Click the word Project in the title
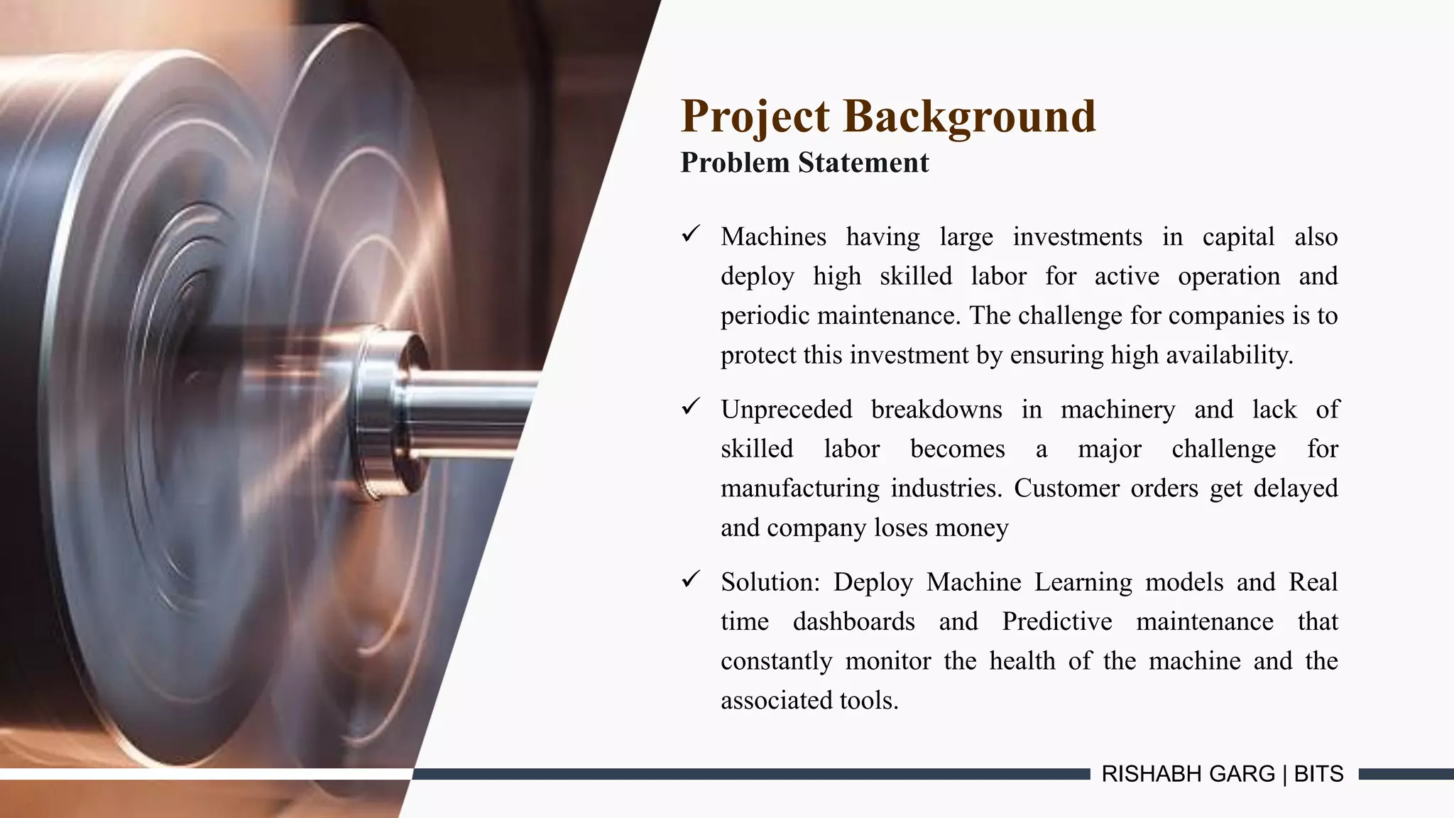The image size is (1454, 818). pos(755,116)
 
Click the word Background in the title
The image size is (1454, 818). pos(970,116)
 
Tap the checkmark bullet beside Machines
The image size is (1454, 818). pos(691,234)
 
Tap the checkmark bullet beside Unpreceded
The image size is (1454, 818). pos(691,407)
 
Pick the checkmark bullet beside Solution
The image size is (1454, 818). pos(691,579)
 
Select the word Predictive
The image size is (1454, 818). pos(1056,622)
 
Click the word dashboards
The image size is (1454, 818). pos(853,622)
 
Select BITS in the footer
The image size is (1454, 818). pos(1318,774)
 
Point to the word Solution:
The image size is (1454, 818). pos(770,582)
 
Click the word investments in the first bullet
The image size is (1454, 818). pos(1077,236)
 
